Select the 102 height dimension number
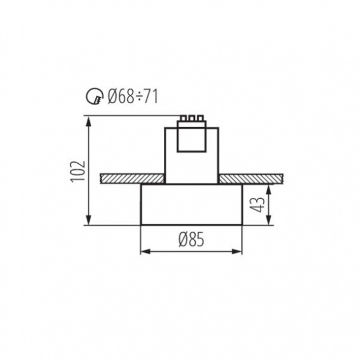point(76,172)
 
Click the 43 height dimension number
point(259,204)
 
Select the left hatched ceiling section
point(132,178)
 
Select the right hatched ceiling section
point(251,178)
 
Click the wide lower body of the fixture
point(191,204)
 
